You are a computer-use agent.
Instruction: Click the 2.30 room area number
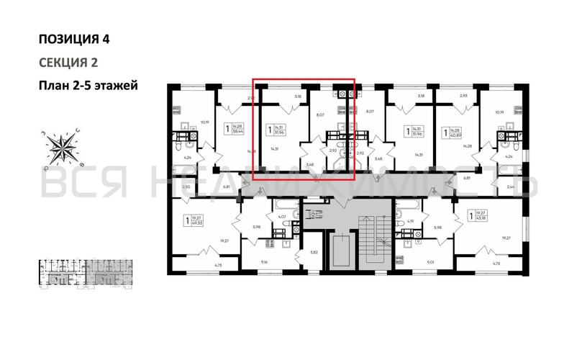186,187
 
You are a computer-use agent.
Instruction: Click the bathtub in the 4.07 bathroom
283,205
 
